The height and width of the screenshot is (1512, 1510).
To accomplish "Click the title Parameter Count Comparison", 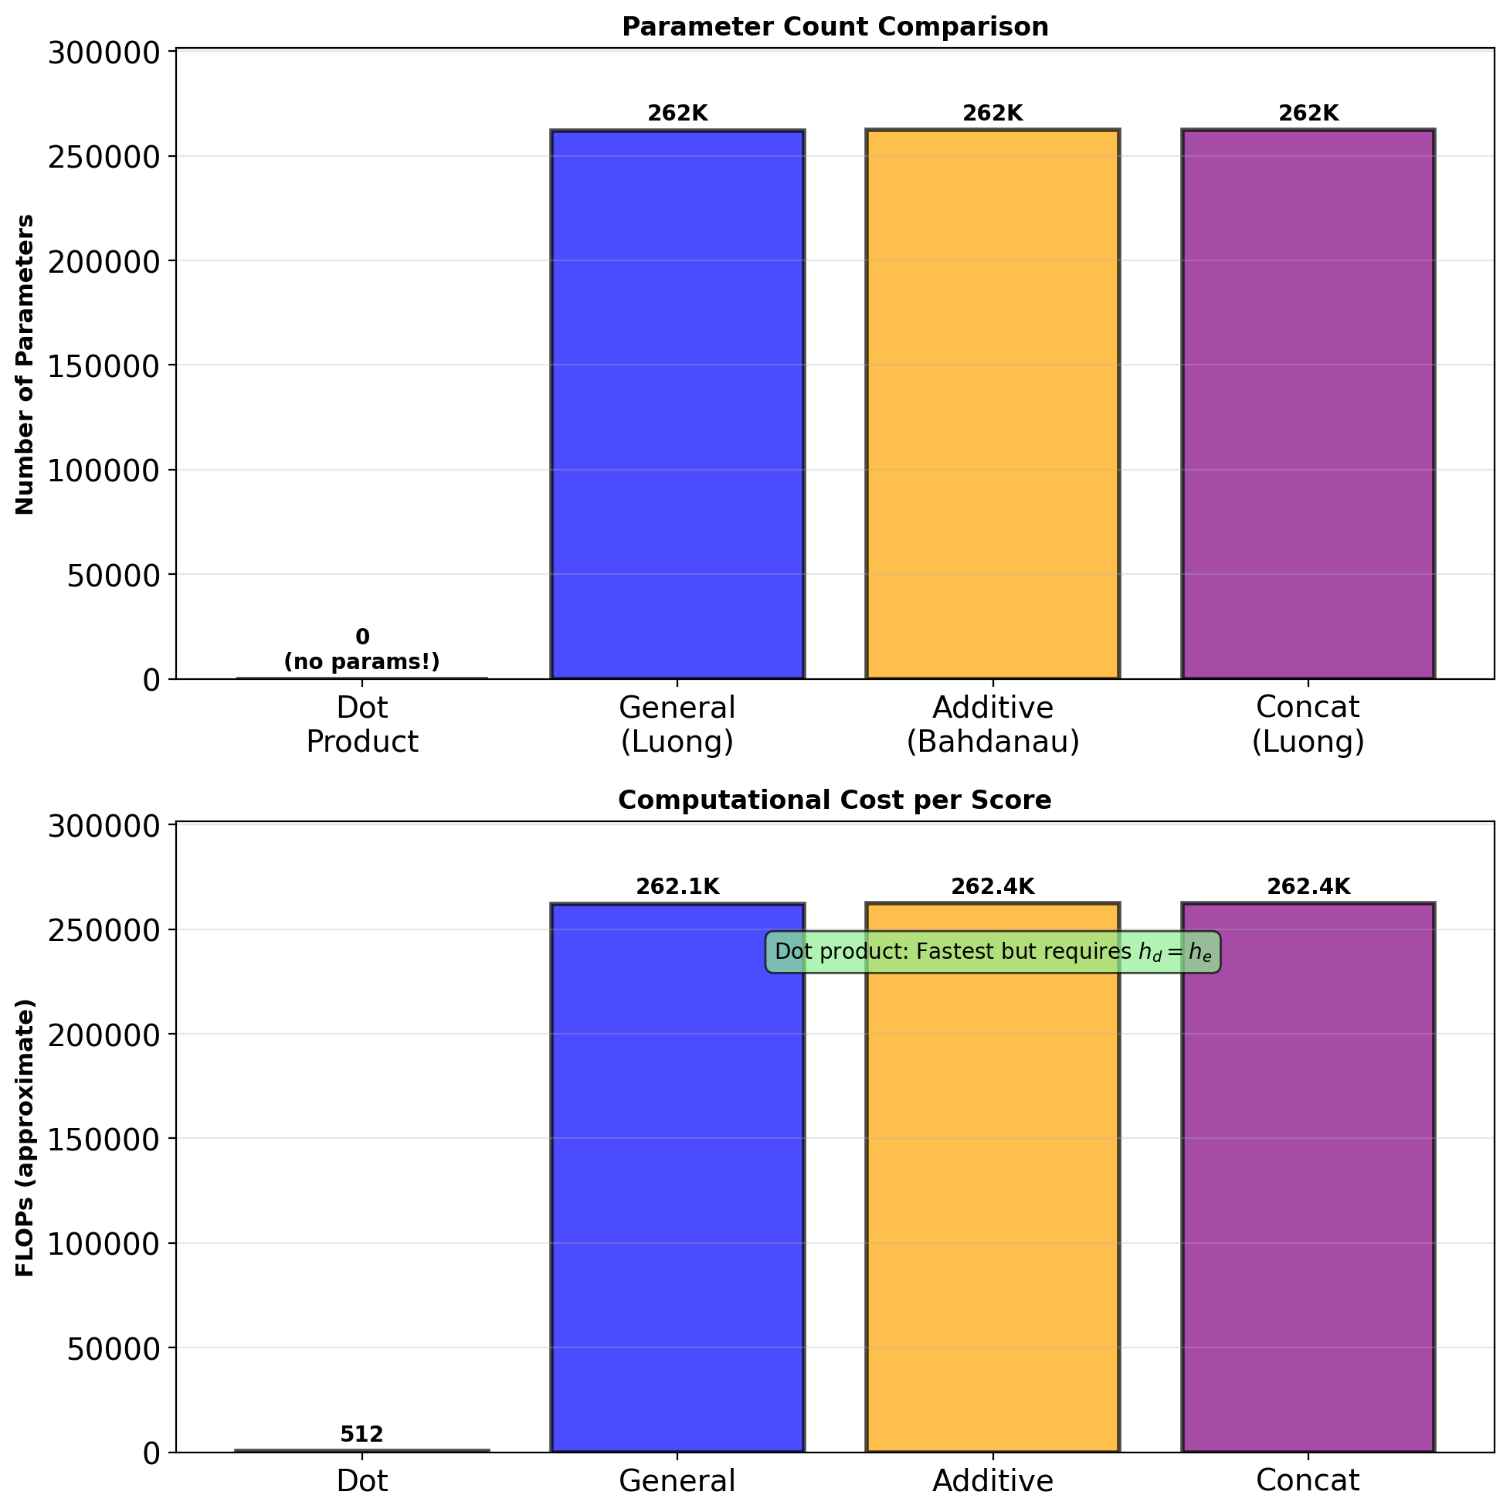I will point(835,27).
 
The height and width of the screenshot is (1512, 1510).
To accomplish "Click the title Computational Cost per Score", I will point(835,800).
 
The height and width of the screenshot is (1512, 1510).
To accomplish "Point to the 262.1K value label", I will point(677,887).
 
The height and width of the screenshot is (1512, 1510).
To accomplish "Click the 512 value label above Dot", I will point(361,1435).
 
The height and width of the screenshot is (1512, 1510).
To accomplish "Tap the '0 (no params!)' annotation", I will point(361,650).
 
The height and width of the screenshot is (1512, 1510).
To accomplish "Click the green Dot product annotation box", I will point(993,953).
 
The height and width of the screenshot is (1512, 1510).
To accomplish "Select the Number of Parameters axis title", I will point(25,364).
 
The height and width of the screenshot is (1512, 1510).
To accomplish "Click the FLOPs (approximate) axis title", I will point(25,1138).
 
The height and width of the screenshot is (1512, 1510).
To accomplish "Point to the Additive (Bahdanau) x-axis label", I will point(993,724).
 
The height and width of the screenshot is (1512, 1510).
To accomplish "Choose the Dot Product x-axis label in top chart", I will point(361,724).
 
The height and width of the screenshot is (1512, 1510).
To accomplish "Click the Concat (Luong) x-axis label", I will point(1308,724).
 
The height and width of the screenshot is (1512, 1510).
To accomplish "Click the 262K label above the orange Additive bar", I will point(993,114).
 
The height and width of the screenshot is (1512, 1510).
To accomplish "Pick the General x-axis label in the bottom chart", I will point(677,1480).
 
